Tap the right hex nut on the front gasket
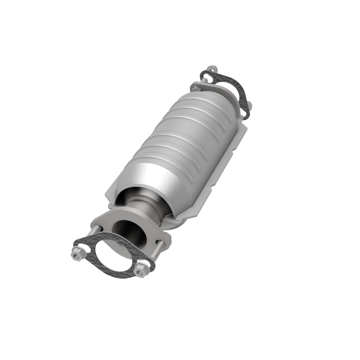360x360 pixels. [141, 271]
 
